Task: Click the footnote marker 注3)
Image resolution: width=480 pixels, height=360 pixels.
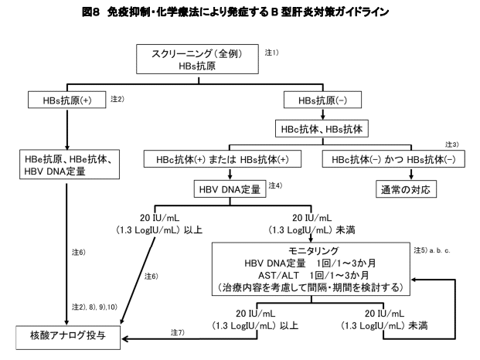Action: click(452, 144)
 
